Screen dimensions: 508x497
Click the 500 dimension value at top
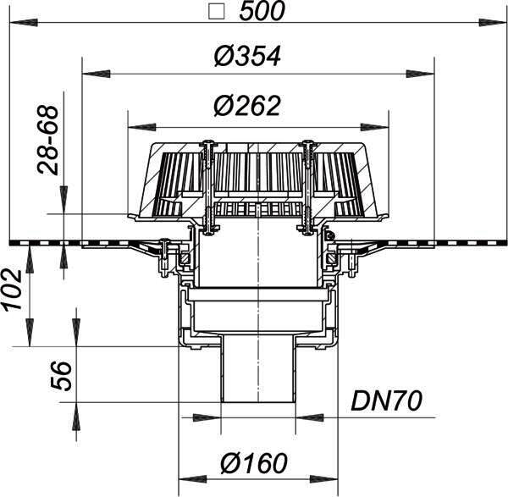click(x=262, y=11)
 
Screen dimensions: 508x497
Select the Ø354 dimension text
click(x=247, y=57)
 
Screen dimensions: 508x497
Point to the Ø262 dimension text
click(x=247, y=106)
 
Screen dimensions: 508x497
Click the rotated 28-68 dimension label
click(x=49, y=141)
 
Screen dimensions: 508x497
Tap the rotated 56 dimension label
click(x=61, y=376)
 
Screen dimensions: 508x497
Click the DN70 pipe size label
click(x=387, y=400)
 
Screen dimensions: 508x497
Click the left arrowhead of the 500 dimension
click(x=24, y=22)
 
